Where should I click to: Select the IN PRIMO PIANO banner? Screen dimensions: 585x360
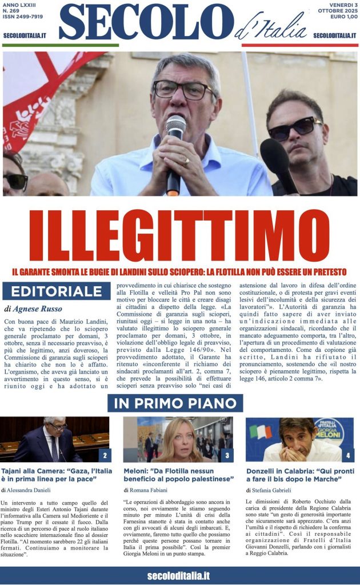(x=175, y=403)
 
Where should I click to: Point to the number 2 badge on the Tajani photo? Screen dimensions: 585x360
(x=105, y=455)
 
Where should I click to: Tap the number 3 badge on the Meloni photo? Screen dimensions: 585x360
(x=227, y=455)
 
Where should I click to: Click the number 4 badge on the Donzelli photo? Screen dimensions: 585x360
(x=348, y=455)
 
